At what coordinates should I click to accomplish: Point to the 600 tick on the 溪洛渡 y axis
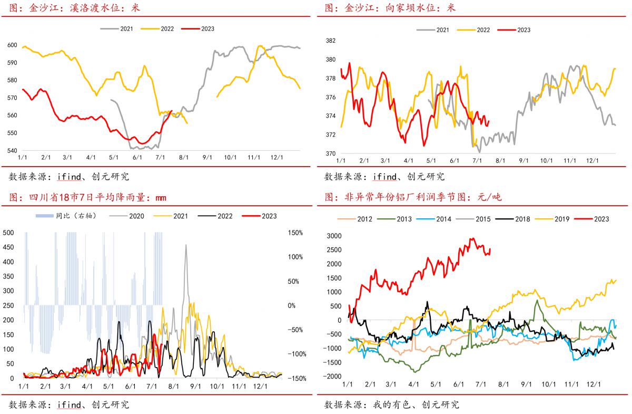pos(12,45)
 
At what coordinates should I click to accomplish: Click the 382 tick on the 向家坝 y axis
pos(331,41)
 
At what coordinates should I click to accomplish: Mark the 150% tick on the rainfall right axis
pos(295,233)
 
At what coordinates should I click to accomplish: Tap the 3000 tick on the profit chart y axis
pos(334,236)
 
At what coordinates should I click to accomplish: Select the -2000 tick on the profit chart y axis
pos(332,376)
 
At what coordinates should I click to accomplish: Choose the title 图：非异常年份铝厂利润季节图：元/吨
pos(413,198)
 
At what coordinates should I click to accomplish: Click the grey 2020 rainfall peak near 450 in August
pos(185,246)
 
